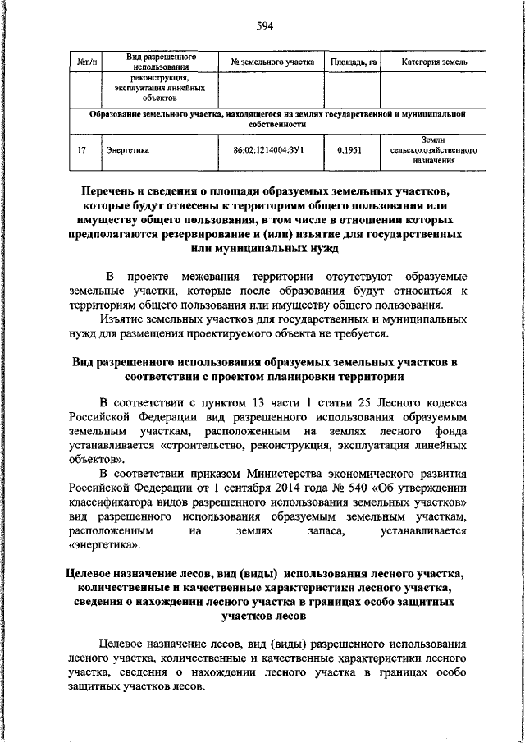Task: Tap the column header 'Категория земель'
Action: point(435,62)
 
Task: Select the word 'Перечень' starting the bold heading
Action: point(110,191)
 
